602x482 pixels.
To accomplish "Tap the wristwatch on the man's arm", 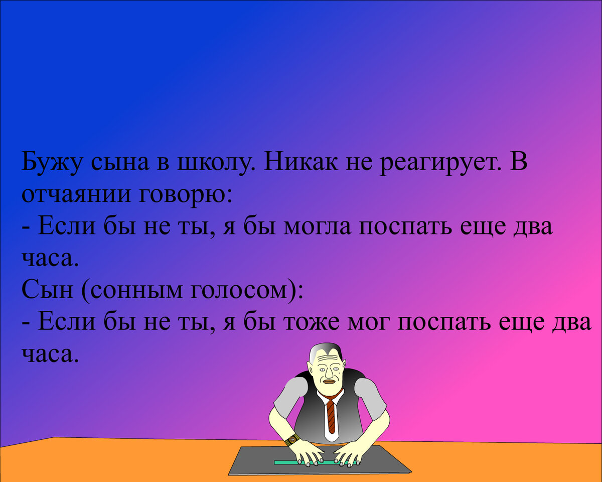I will (292, 439).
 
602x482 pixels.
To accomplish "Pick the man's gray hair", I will (326, 348).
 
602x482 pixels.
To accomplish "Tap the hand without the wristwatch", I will (349, 454).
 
